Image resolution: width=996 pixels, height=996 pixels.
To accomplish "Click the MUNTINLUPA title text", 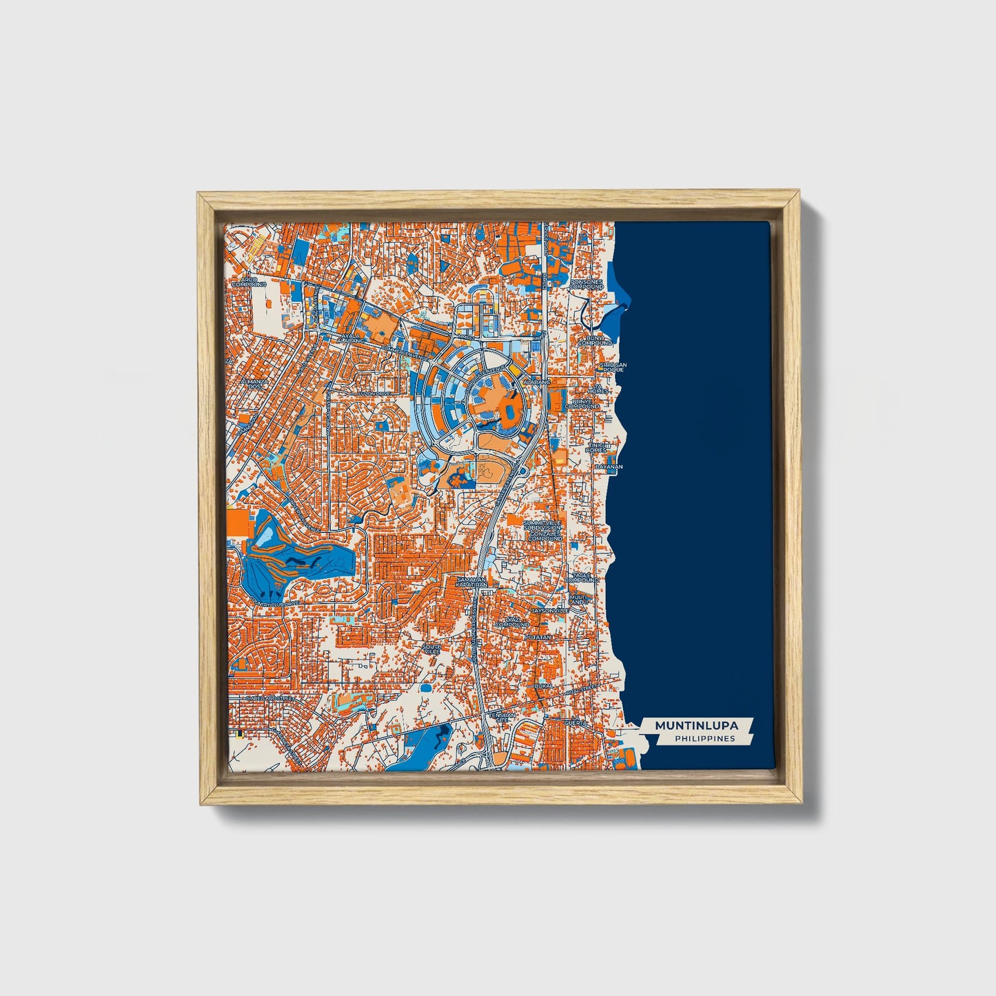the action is pyautogui.click(x=696, y=726).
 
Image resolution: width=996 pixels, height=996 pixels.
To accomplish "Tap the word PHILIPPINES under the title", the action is pyautogui.click(x=704, y=739).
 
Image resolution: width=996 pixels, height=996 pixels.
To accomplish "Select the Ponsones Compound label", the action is pyautogui.click(x=587, y=284).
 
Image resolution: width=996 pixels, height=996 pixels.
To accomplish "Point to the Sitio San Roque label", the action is pyautogui.click(x=613, y=367).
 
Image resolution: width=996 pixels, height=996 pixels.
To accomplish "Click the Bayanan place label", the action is pyautogui.click(x=609, y=467).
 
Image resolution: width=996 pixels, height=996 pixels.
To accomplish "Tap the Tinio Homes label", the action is pyautogui.click(x=596, y=447).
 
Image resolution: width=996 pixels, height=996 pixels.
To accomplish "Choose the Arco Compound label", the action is pyautogui.click(x=248, y=281).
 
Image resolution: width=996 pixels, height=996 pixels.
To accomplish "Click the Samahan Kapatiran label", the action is pyautogui.click(x=471, y=582).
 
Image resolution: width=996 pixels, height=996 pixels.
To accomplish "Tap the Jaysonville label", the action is pyautogui.click(x=550, y=610).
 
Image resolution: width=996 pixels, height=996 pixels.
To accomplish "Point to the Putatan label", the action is pyautogui.click(x=539, y=638).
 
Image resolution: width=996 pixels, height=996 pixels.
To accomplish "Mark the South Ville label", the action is pyautogui.click(x=431, y=649).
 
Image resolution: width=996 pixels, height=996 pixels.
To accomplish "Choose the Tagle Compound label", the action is pyautogui.click(x=582, y=578).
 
